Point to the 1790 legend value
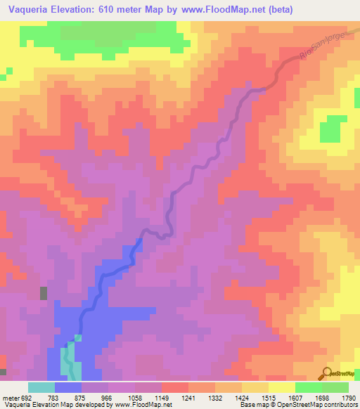click(x=347, y=397)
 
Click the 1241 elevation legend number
click(x=187, y=397)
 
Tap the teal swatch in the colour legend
click(x=41, y=387)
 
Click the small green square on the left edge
click(x=8, y=70)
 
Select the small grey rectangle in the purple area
click(x=44, y=293)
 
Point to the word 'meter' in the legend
click(x=8, y=397)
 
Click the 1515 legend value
click(x=267, y=397)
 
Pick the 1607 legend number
click(x=294, y=397)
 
